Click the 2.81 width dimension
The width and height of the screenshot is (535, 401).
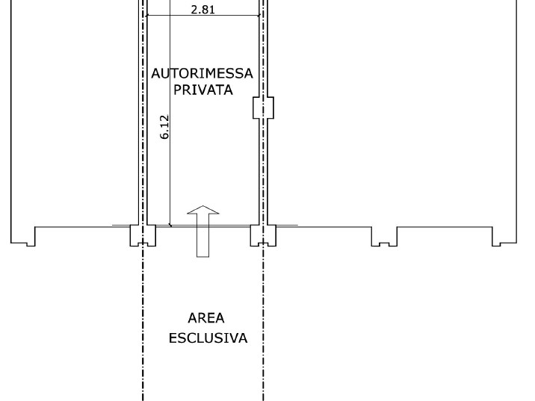(x=203, y=10)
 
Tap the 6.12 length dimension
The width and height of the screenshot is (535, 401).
(x=164, y=127)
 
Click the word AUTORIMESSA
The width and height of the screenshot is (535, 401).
(x=202, y=74)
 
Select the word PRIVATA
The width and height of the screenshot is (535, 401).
(x=203, y=90)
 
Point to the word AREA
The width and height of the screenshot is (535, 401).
(x=206, y=318)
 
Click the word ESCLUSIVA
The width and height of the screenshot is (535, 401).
(x=208, y=338)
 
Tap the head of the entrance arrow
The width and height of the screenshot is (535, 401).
(x=203, y=210)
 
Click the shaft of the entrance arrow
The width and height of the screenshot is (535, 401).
(x=203, y=235)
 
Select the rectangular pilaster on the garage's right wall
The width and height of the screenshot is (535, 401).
(x=263, y=108)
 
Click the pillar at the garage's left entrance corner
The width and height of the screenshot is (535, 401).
(x=143, y=235)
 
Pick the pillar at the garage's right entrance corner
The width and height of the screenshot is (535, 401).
(x=263, y=235)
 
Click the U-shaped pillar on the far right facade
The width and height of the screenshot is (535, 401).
(x=384, y=236)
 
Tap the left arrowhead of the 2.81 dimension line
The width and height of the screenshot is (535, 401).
(x=147, y=16)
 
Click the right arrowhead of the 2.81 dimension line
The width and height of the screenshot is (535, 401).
(x=259, y=16)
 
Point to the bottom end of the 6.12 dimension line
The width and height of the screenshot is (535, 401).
(x=170, y=225)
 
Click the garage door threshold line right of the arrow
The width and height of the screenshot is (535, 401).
(x=230, y=226)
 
